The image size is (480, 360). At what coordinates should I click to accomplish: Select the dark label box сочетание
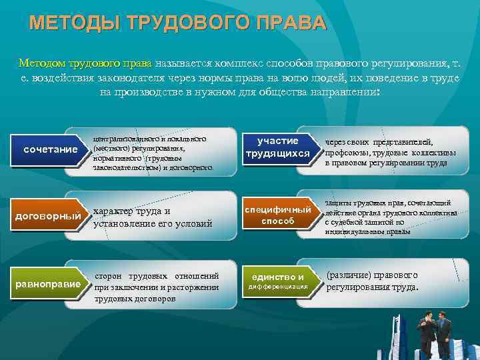tap(51, 149)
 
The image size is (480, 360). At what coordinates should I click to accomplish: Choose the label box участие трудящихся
tap(278, 147)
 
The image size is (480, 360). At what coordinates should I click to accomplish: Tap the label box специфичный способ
tap(277, 215)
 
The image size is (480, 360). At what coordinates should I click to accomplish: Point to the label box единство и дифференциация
tap(278, 281)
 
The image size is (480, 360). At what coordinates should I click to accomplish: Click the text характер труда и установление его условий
tap(153, 217)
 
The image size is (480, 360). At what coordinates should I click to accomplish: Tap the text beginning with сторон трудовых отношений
tap(157, 287)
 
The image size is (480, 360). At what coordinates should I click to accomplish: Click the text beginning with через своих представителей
tap(390, 152)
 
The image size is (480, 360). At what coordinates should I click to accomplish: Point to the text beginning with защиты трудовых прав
tap(391, 217)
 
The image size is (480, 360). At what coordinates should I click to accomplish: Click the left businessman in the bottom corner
tap(424, 333)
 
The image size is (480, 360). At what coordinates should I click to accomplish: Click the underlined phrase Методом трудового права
tap(85, 64)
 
